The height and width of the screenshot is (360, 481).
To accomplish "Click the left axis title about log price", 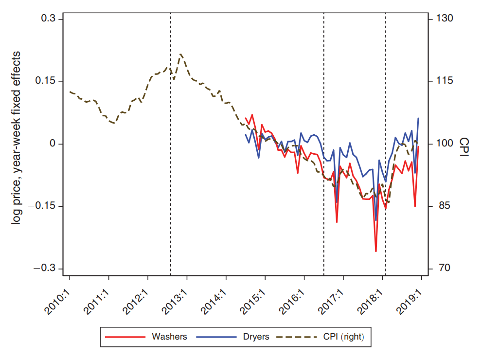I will click(x=18, y=137).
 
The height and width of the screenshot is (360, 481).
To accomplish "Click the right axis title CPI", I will click(x=464, y=144).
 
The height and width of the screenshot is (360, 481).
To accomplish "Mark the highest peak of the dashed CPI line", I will click(x=181, y=54).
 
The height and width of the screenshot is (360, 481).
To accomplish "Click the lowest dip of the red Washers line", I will click(x=376, y=251).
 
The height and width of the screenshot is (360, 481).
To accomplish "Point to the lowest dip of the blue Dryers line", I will click(x=376, y=220).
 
